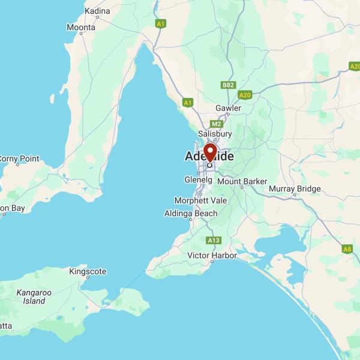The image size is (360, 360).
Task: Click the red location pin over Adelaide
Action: [210, 152]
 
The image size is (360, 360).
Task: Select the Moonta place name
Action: [81, 28]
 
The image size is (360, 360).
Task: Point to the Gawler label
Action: [229, 108]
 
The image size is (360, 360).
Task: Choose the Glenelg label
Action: [199, 179]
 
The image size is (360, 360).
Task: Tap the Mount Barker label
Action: [242, 181]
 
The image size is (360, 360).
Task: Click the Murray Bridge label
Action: [295, 189]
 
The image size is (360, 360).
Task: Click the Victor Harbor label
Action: [212, 256]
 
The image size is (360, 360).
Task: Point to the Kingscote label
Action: [88, 271]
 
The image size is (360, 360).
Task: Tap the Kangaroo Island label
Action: [34, 296]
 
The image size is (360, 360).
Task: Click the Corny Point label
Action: [19, 159]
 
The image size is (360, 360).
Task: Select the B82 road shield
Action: [228, 85]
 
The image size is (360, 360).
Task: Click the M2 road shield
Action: [216, 124]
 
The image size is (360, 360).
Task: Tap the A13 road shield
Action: [213, 240]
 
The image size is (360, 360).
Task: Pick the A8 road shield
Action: [347, 249]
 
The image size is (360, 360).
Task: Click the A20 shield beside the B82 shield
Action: [245, 95]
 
